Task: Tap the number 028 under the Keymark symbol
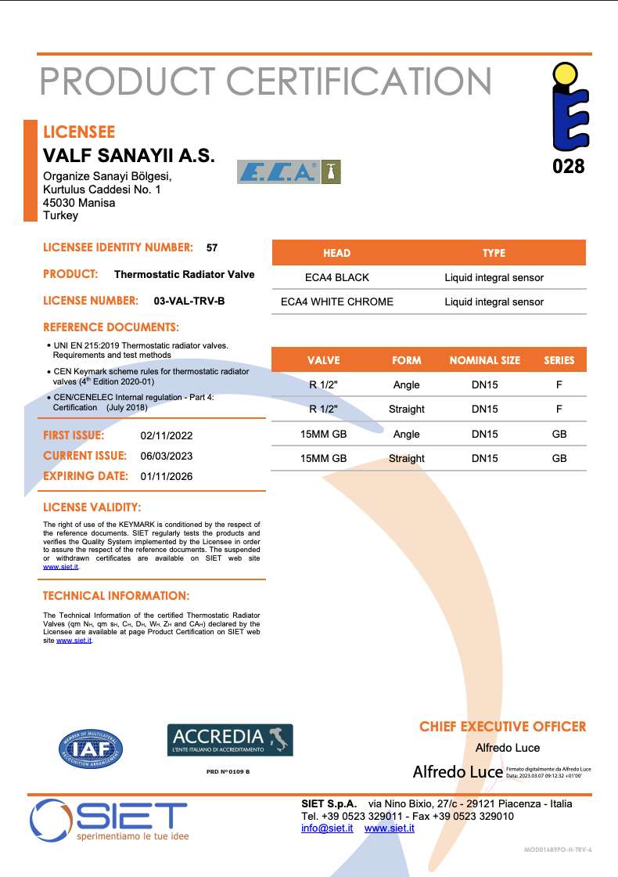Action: click(568, 166)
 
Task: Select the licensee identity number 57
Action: click(212, 247)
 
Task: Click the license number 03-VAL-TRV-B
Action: click(189, 301)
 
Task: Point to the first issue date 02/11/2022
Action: click(167, 436)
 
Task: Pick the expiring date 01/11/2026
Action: click(167, 476)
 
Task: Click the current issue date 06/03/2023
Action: click(167, 456)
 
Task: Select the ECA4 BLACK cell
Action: click(336, 277)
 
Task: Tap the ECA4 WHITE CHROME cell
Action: click(336, 301)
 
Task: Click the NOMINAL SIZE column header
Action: click(484, 360)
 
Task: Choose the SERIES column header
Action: click(559, 360)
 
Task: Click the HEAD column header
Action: click(336, 253)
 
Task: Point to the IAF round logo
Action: click(91, 748)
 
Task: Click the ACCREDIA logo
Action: click(230, 740)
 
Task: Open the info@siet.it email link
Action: click(327, 828)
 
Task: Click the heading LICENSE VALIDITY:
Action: click(92, 507)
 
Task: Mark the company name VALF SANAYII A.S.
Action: click(128, 155)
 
